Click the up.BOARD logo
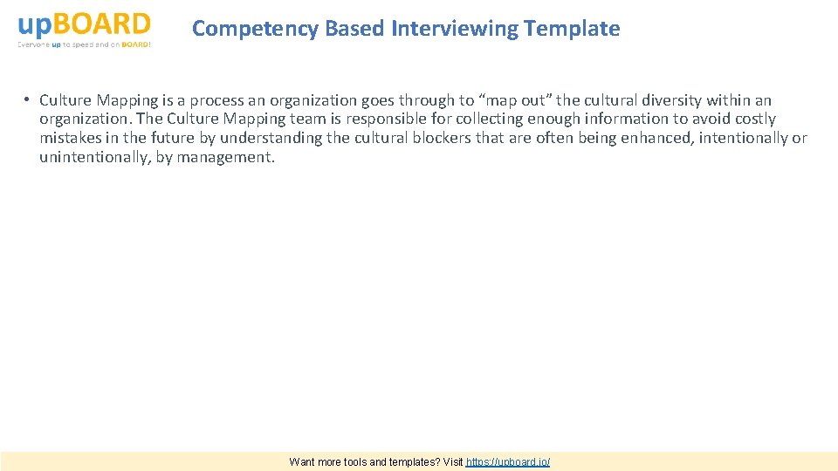(x=84, y=24)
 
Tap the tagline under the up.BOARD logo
(x=84, y=44)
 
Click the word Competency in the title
(x=256, y=29)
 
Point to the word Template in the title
(x=572, y=29)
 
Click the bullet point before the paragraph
(x=28, y=100)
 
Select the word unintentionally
(x=93, y=158)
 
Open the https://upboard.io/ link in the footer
(x=508, y=462)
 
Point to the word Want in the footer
(x=303, y=462)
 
